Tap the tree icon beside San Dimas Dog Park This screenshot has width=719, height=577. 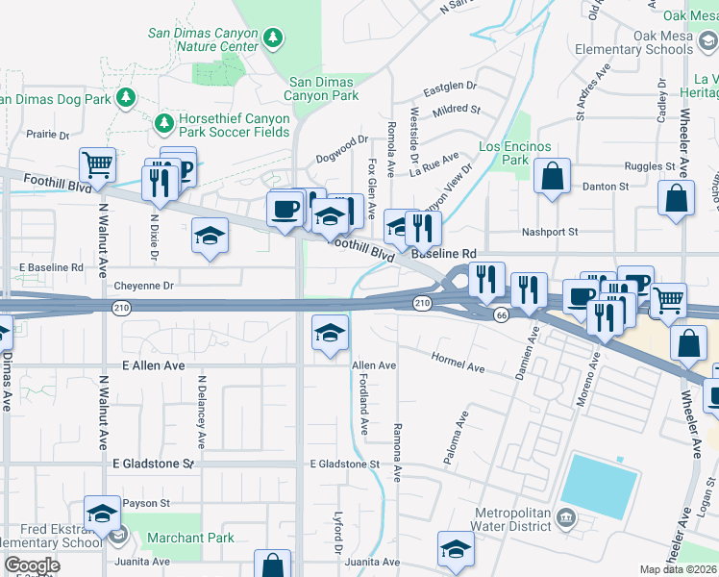pyautogui.click(x=125, y=98)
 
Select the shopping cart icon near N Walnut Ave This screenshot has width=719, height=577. pyautogui.click(x=97, y=165)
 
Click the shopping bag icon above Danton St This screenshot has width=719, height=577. pyautogui.click(x=552, y=176)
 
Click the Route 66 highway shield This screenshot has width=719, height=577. pyautogui.click(x=500, y=315)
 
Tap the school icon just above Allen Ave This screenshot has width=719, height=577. pyautogui.click(x=330, y=333)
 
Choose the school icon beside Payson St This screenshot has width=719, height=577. pyautogui.click(x=102, y=514)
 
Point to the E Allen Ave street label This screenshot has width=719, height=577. pyautogui.click(x=153, y=366)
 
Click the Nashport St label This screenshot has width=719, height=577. pyautogui.click(x=549, y=232)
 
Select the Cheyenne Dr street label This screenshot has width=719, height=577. pyautogui.click(x=143, y=286)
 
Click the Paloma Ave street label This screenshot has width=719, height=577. pyautogui.click(x=456, y=439)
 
